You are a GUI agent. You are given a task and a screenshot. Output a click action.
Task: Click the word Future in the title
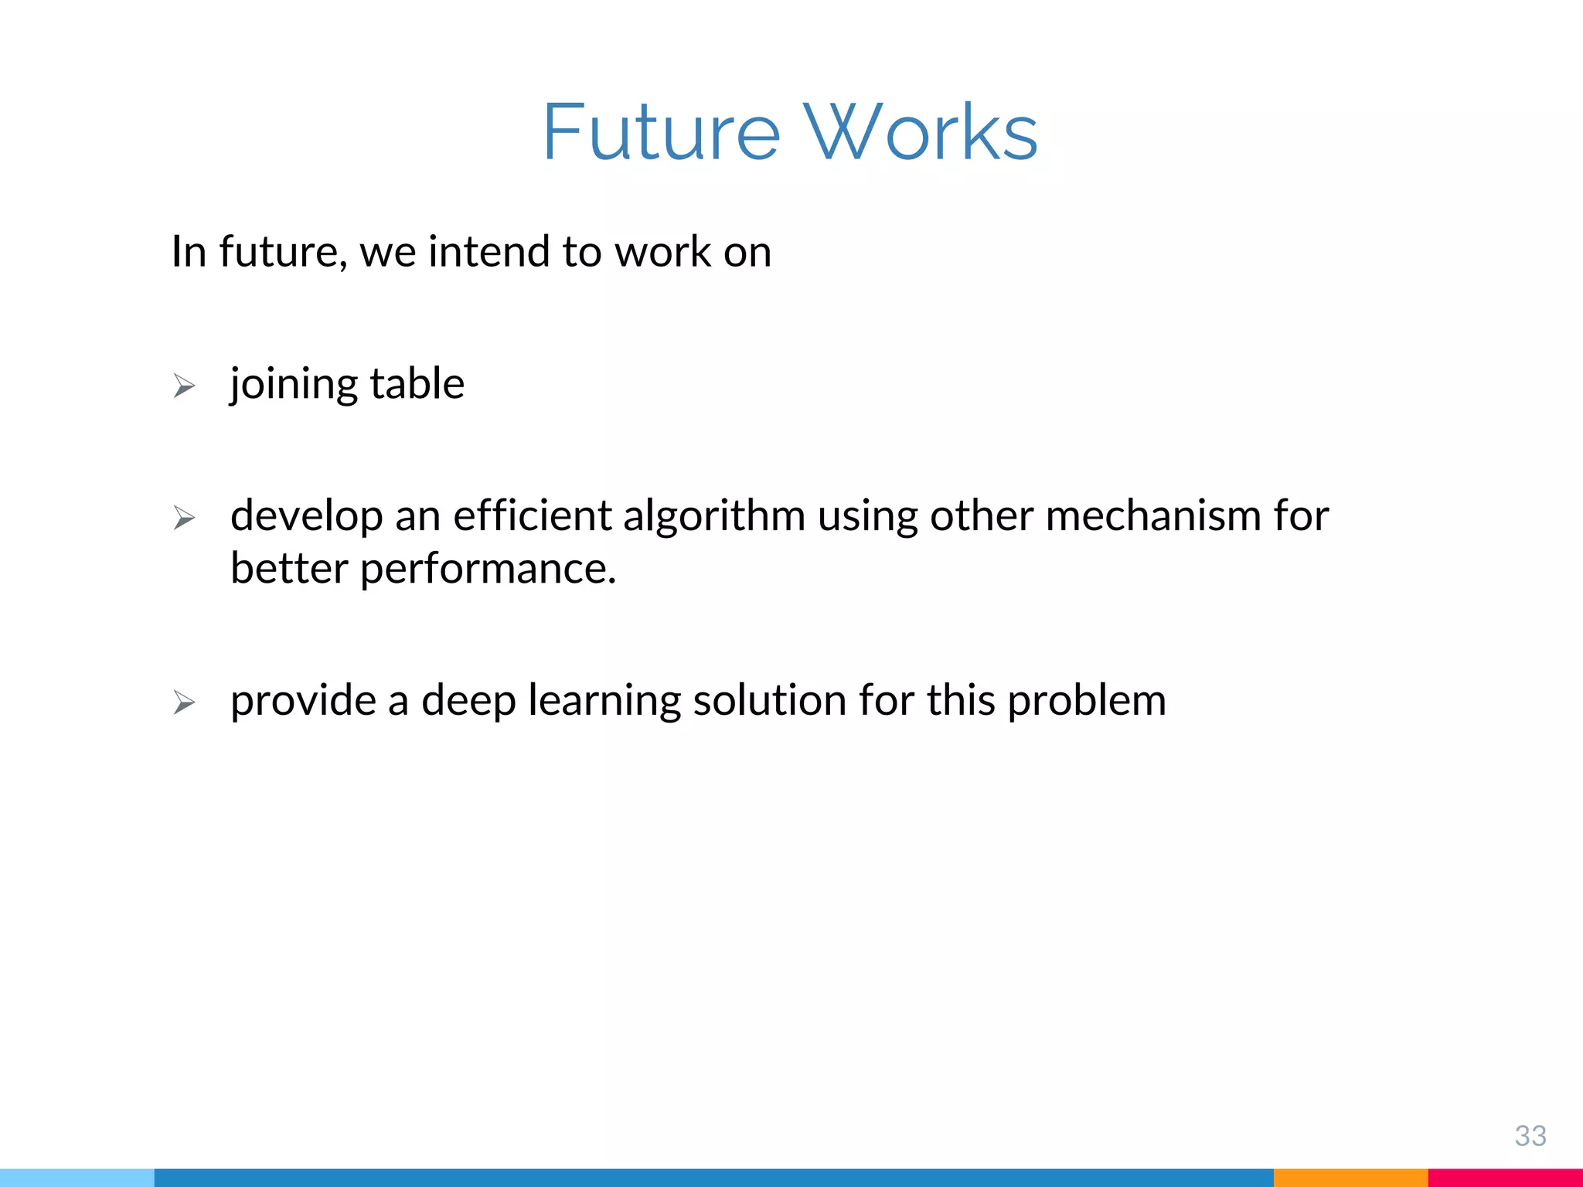(x=661, y=133)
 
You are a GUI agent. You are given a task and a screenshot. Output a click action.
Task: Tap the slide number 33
(x=1530, y=1136)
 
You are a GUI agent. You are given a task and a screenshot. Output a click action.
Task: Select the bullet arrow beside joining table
(x=184, y=385)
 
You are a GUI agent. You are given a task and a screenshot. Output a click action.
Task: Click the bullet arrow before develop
(x=184, y=517)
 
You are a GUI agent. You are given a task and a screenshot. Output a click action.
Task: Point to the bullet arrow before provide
(x=184, y=702)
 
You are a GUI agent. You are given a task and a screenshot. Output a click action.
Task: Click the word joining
(x=294, y=384)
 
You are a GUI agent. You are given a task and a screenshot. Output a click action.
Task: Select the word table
(x=417, y=384)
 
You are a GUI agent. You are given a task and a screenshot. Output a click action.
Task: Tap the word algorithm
(x=714, y=516)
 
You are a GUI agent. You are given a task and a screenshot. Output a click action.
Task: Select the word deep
(x=468, y=701)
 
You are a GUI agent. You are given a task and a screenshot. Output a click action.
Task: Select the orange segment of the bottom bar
(x=1350, y=1177)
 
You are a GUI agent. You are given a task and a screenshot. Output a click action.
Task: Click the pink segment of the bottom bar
(x=1505, y=1177)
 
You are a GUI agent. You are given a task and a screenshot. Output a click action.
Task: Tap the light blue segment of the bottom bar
(x=77, y=1177)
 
